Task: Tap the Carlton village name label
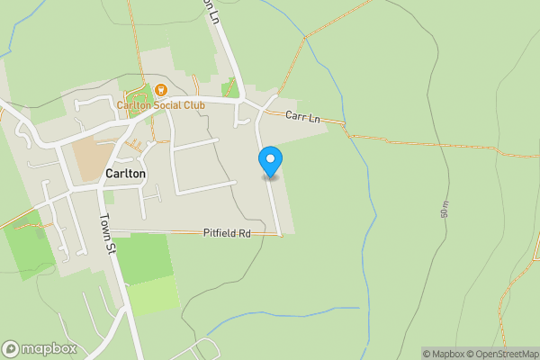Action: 125,174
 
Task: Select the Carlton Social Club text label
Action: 161,105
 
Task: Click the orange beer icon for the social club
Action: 160,90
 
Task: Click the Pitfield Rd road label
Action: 226,233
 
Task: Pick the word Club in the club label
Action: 195,105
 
